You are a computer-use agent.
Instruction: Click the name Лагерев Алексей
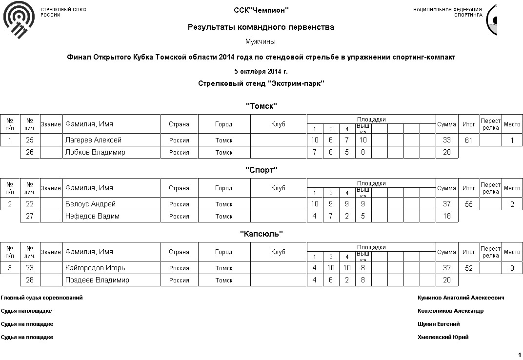(x=93, y=140)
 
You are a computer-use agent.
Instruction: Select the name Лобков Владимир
(x=95, y=153)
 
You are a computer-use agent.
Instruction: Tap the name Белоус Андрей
(x=90, y=204)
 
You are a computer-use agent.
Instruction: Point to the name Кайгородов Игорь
(x=95, y=268)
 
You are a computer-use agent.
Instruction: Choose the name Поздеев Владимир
(x=97, y=280)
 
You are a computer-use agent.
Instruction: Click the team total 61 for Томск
(x=469, y=141)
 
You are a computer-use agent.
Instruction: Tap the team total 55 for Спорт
(x=469, y=205)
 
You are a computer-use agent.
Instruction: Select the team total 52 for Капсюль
(x=469, y=269)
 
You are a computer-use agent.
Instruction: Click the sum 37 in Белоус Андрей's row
(x=446, y=204)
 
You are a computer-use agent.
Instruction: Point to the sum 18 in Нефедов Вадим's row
(x=446, y=217)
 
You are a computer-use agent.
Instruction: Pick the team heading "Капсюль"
(x=261, y=234)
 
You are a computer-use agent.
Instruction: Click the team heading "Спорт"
(x=261, y=170)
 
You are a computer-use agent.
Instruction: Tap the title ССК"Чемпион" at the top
(x=261, y=10)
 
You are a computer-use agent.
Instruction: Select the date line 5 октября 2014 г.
(x=261, y=72)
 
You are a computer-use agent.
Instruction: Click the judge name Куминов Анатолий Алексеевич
(x=461, y=298)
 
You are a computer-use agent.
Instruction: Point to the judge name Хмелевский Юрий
(x=443, y=337)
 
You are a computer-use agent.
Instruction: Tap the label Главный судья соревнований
(x=41, y=298)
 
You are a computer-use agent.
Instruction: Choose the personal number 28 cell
(x=30, y=280)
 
